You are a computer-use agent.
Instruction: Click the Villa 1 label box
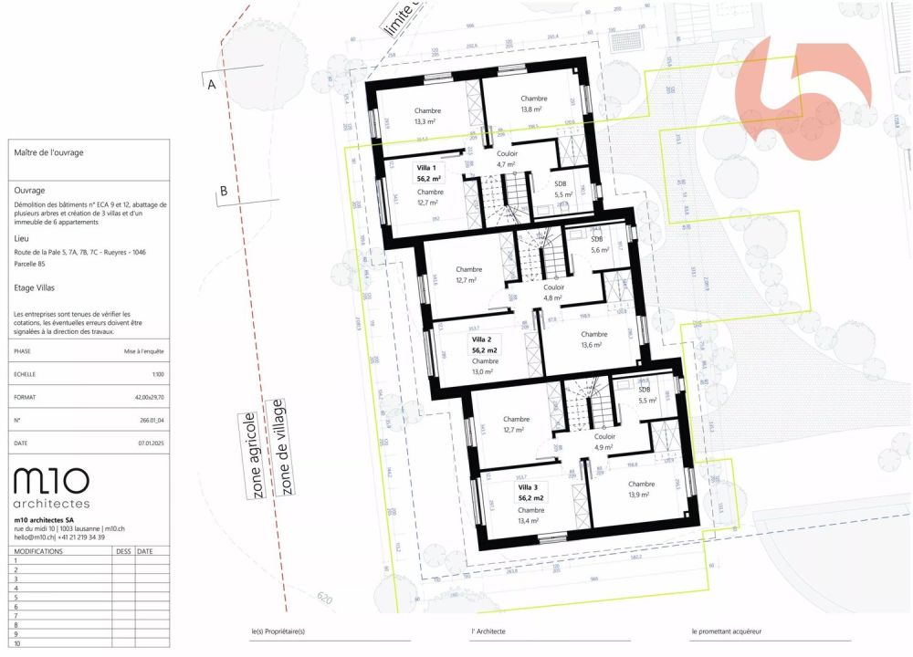[x=429, y=173]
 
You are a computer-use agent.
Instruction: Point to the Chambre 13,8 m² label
[x=533, y=103]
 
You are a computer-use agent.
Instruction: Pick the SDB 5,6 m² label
[x=599, y=244]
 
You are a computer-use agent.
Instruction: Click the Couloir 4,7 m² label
[x=507, y=159]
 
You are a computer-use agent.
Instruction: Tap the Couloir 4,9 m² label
[x=604, y=442]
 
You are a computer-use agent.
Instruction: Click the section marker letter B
[x=223, y=191]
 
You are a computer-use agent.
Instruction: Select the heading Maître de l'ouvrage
[x=49, y=153]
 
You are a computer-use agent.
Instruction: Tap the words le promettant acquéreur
[x=726, y=631]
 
